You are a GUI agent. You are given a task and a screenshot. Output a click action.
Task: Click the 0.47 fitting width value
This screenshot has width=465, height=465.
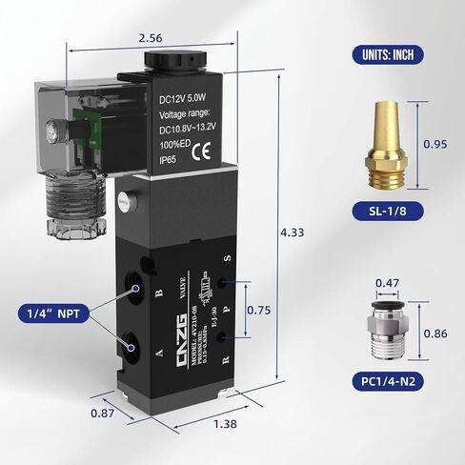coord(387,283)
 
